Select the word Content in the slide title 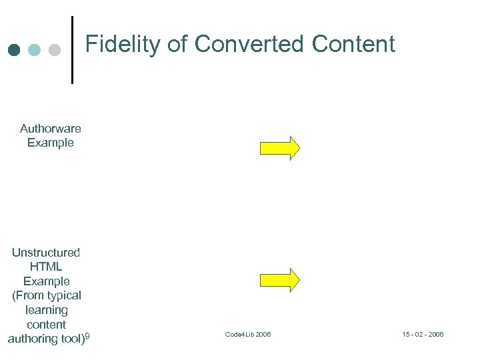[x=353, y=44]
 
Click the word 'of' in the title [x=177, y=44]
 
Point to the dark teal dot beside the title [x=15, y=50]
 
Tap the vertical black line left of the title [x=72, y=50]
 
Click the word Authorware [x=51, y=128]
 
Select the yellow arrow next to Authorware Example [x=279, y=147]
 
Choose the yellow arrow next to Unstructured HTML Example [x=279, y=280]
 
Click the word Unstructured [x=46, y=253]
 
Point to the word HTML [x=46, y=267]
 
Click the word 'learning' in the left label [x=46, y=310]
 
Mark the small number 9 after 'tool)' [x=87, y=337]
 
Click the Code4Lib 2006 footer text [x=248, y=334]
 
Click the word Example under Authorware [x=51, y=143]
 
